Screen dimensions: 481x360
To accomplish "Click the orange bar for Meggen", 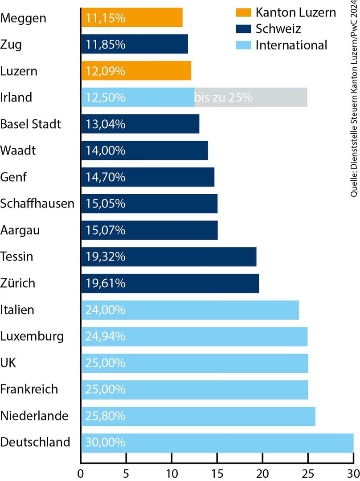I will (x=132, y=18).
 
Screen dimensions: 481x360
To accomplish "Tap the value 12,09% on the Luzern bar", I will (x=104, y=71).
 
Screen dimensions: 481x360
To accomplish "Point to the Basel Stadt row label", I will (x=31, y=124).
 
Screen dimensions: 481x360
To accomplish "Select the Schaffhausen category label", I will (x=37, y=204).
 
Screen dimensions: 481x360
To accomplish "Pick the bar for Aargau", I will (x=149, y=230).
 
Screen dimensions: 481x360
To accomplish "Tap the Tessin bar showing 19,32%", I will (x=168, y=257).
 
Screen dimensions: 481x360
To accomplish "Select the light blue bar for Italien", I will (x=190, y=310).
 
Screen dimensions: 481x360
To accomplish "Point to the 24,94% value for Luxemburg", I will (x=104, y=336).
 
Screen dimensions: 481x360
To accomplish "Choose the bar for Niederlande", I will (x=198, y=416).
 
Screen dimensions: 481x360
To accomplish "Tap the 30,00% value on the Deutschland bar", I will (x=104, y=442).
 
